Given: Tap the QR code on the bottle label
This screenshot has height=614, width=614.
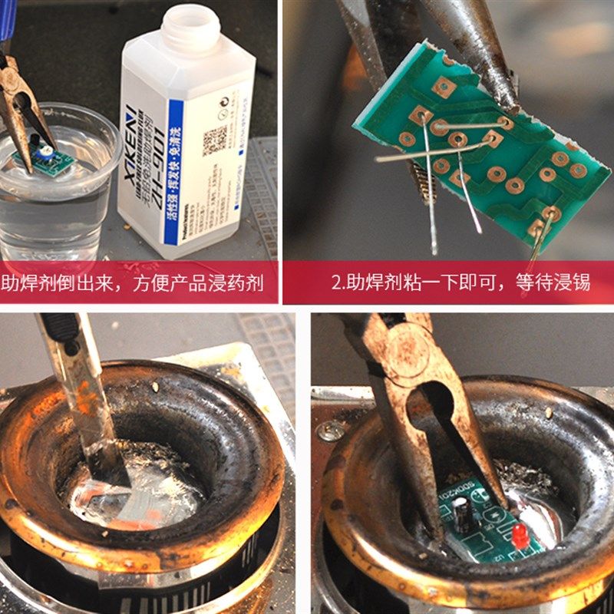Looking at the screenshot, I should click(x=214, y=140).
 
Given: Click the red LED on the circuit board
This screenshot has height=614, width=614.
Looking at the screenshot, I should click(x=520, y=536).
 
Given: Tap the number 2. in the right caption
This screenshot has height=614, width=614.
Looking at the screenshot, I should click(x=338, y=283).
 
